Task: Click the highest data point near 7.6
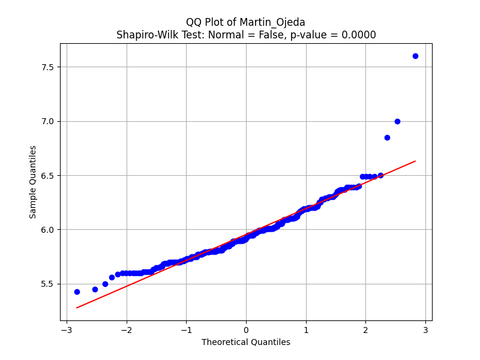pyautogui.click(x=415, y=56)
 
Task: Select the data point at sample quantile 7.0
pyautogui.click(x=397, y=121)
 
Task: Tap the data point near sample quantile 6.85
pyautogui.click(x=387, y=137)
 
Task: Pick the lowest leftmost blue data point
pyautogui.click(x=77, y=292)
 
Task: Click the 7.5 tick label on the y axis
pyautogui.click(x=47, y=67)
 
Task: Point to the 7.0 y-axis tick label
pyautogui.click(x=47, y=121)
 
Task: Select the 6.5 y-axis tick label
pyautogui.click(x=47, y=176)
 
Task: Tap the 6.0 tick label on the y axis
pyautogui.click(x=47, y=230)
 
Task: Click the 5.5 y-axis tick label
pyautogui.click(x=47, y=284)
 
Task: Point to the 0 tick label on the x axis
pyautogui.click(x=246, y=330)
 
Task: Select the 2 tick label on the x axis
pyautogui.click(x=366, y=330)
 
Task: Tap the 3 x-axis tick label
pyautogui.click(x=425, y=330)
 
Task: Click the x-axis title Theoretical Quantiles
pyautogui.click(x=246, y=342)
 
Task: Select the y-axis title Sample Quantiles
pyautogui.click(x=33, y=182)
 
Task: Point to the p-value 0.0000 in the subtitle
pyautogui.click(x=359, y=35)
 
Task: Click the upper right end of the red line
pyautogui.click(x=415, y=161)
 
